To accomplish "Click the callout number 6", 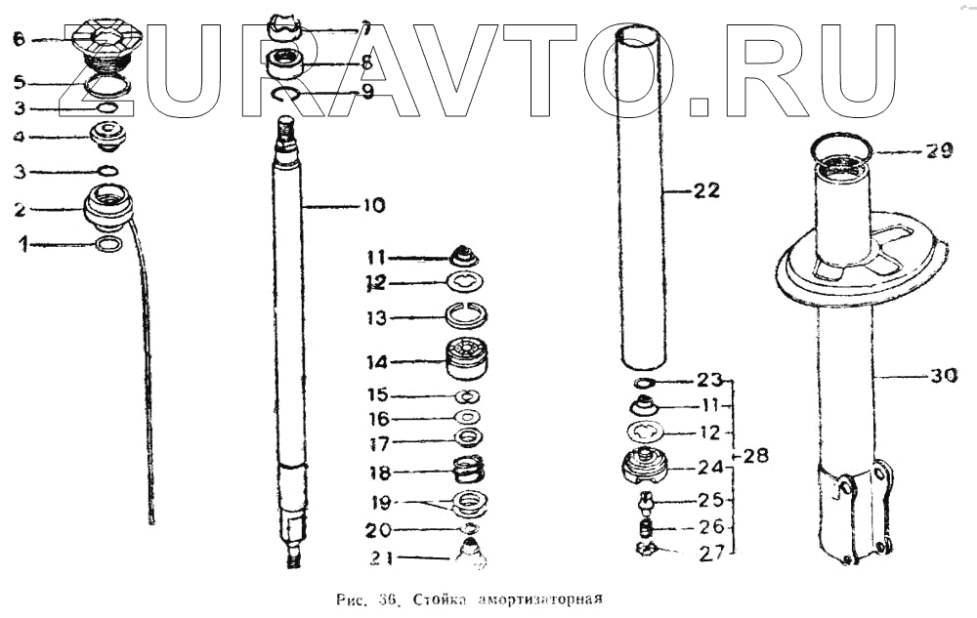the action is click(18, 40).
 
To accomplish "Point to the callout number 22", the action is click(706, 191).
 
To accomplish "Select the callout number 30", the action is click(943, 375).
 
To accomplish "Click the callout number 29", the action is click(939, 152).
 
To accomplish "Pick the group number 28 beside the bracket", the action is click(755, 455).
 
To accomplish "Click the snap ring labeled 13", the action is click(467, 316).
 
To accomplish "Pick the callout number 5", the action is click(18, 82).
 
